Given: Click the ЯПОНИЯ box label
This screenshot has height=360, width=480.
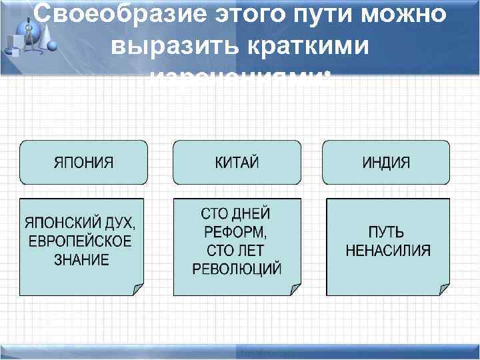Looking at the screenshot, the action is point(83,163).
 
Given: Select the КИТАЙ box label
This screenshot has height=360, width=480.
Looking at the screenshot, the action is point(237,163).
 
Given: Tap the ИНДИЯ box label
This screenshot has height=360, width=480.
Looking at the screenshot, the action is point(386,163).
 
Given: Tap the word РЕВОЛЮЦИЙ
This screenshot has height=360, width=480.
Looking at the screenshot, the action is point(237,269).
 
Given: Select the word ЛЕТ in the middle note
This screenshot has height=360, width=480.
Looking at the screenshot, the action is point(250,251).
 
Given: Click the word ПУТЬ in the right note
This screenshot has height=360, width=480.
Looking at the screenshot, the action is point(386,233).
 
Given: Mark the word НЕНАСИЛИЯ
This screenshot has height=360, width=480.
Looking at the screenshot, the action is point(387,251).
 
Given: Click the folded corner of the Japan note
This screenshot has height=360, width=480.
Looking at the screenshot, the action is point(138,289).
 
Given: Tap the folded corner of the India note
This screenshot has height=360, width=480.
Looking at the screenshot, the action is point(443,289).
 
